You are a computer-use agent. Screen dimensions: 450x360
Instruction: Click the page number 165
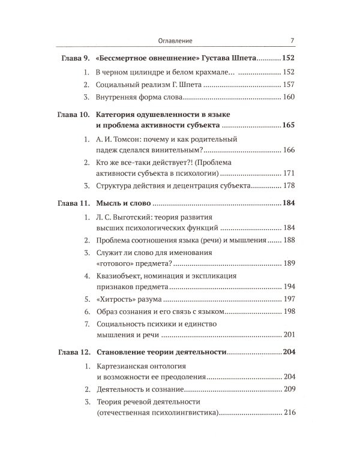tap(290, 127)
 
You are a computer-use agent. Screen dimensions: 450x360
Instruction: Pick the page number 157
tap(290, 85)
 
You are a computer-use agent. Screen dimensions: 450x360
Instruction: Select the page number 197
tap(290, 298)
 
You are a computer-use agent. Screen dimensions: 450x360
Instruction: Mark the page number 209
tap(290, 389)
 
